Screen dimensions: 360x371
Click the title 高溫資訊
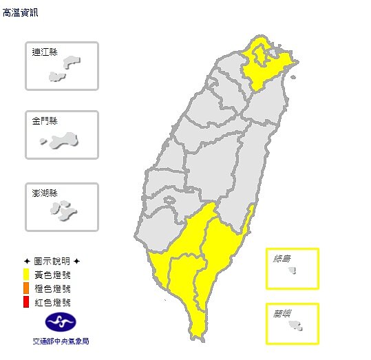21,12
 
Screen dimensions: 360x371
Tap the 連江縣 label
45,52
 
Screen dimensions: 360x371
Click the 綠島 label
282,259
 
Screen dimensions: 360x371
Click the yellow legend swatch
26,275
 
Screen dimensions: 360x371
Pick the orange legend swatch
26,288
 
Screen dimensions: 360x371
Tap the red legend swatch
26,301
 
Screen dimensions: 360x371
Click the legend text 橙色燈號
52,288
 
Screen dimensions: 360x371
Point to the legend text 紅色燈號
52,301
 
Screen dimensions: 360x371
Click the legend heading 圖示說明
52,262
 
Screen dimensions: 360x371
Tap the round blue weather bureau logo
61,321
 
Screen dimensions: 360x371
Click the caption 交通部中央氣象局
61,341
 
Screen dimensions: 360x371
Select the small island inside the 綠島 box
292,270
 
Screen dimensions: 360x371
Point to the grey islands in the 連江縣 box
69,67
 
